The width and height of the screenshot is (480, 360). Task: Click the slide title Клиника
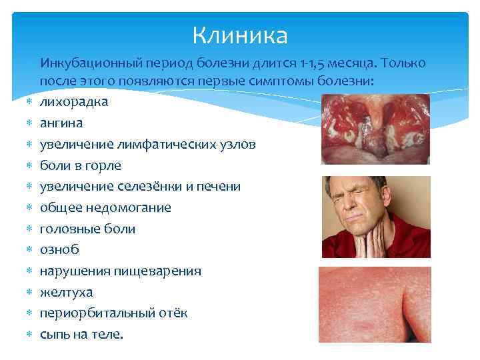pos(240,35)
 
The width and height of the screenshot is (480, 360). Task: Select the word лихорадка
pos(74,102)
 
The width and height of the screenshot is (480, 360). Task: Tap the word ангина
pos(62,123)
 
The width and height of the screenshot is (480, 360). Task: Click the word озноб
pos(59,250)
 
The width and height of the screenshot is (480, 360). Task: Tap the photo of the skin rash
pos(375,304)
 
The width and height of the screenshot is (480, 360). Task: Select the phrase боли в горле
pos(81,165)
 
